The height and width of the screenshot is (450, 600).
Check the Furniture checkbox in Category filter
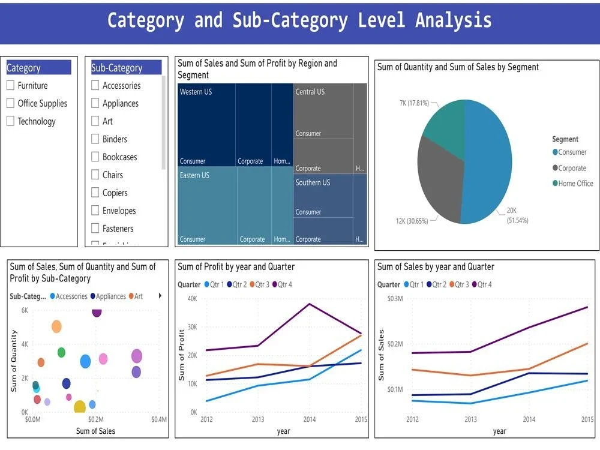[10, 86]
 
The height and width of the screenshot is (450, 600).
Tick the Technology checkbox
[10, 121]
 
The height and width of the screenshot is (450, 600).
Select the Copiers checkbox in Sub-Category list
[95, 193]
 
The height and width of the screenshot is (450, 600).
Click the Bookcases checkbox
[95, 157]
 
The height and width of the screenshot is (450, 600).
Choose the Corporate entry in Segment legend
[572, 168]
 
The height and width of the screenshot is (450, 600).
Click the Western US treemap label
[196, 92]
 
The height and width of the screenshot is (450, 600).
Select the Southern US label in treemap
[313, 182]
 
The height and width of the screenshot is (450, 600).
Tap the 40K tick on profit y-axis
[192, 298]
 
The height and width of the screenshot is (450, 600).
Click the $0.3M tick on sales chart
[395, 298]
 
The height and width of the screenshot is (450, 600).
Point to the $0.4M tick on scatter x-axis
[158, 419]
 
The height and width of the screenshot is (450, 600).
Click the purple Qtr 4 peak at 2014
[309, 304]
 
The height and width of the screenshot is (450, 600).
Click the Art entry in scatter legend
[138, 296]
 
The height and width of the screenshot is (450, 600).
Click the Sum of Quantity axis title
[14, 361]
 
